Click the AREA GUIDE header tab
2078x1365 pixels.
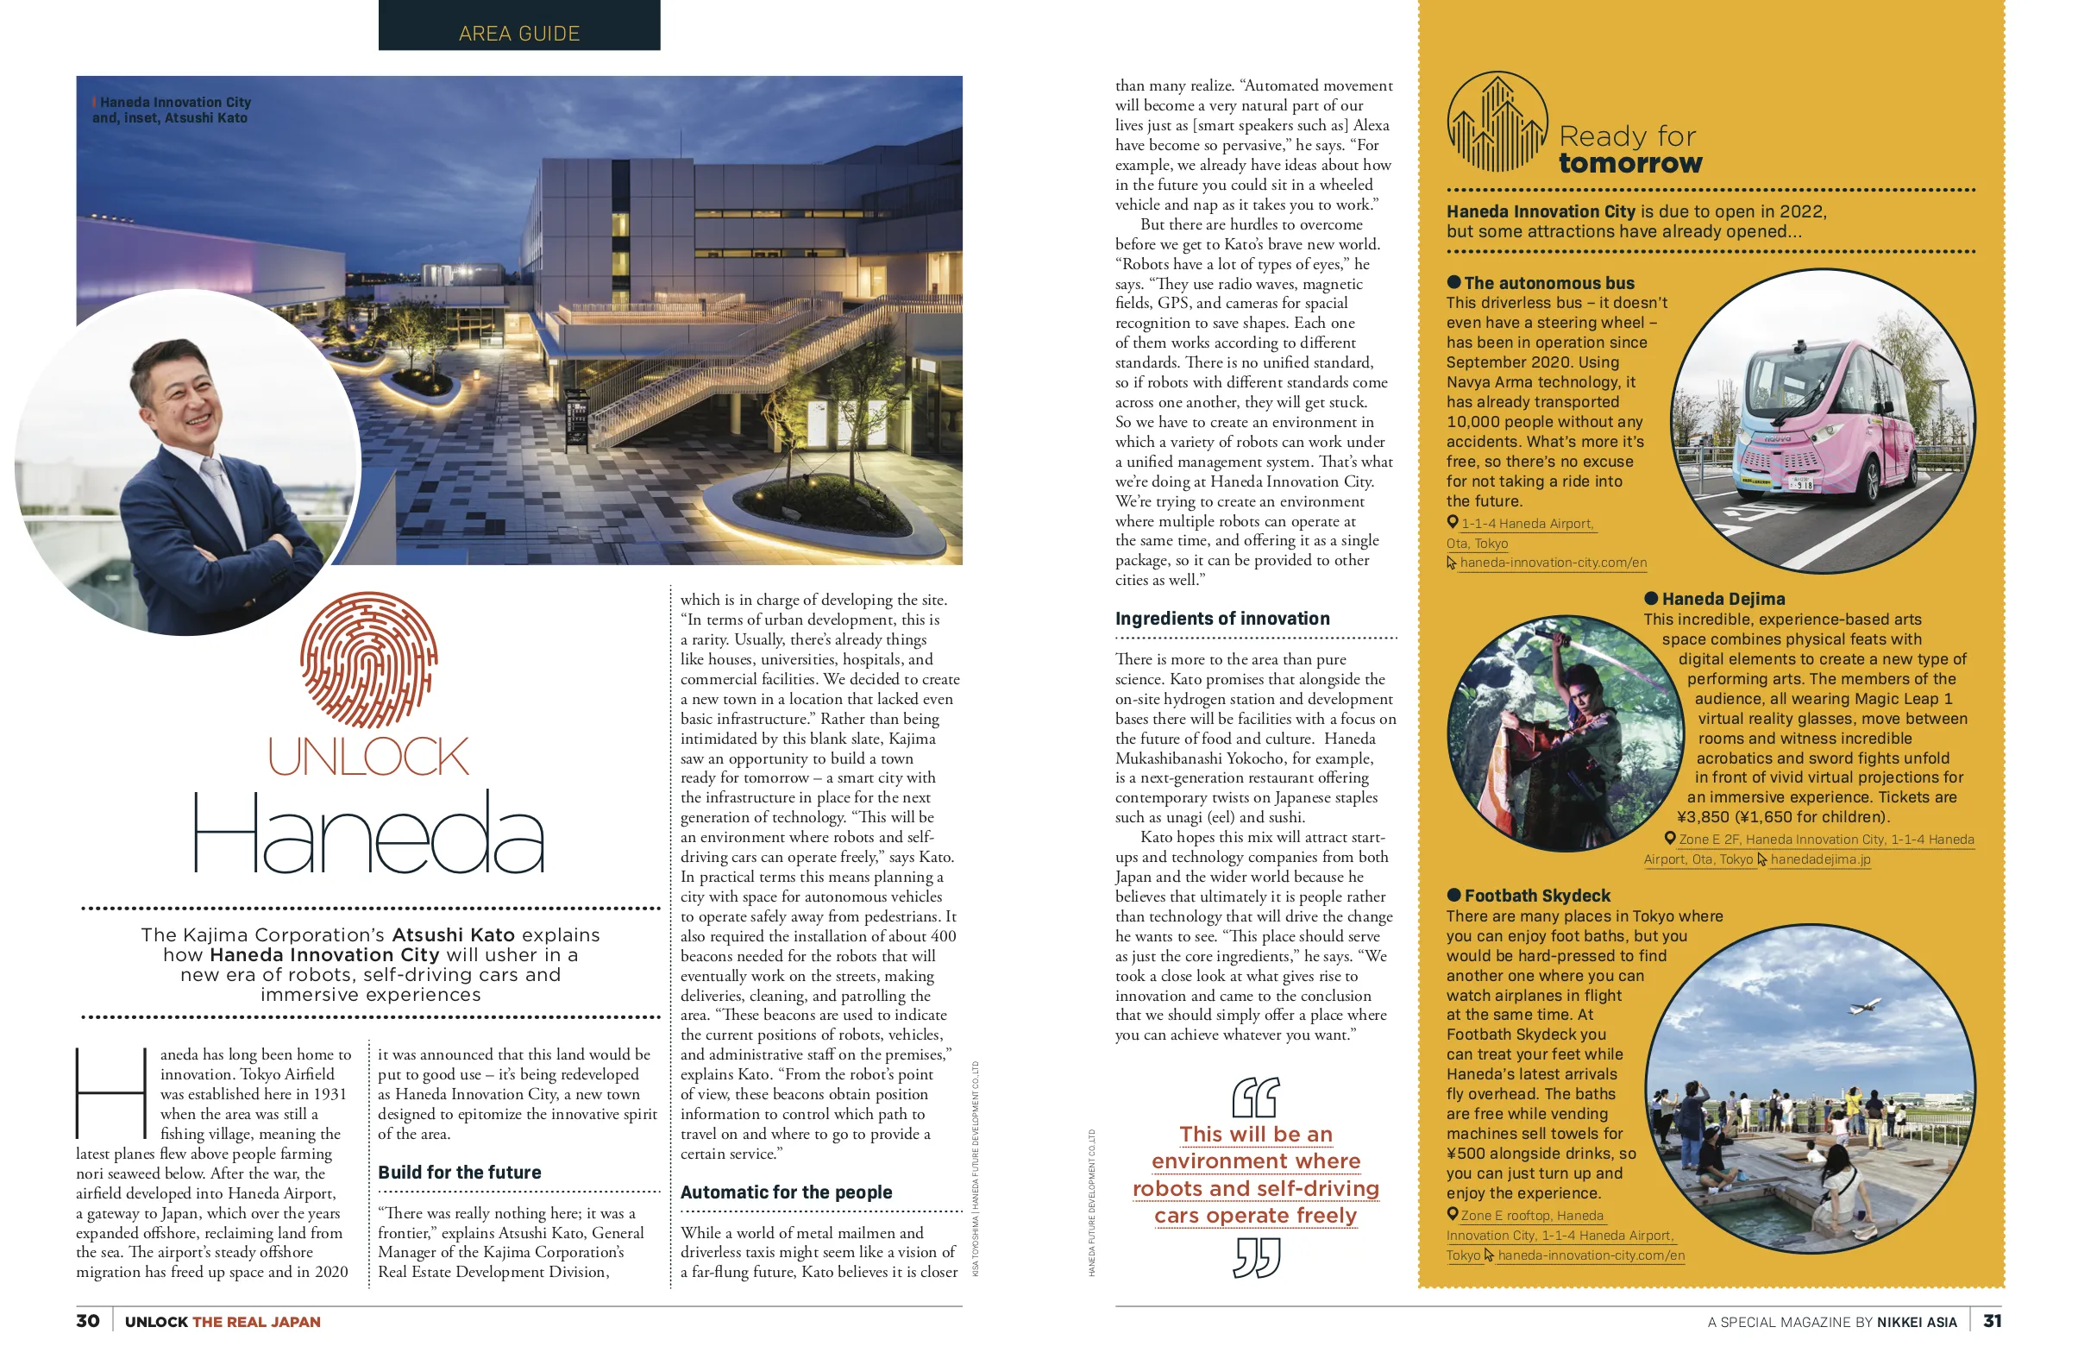pyautogui.click(x=518, y=32)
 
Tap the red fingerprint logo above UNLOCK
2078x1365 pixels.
pyautogui.click(x=368, y=660)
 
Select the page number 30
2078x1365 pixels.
pyautogui.click(x=87, y=1321)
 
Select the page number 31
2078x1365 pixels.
pyautogui.click(x=1992, y=1321)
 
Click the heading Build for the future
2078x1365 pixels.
pyautogui.click(x=459, y=1173)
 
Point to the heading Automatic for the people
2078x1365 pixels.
pyautogui.click(x=786, y=1193)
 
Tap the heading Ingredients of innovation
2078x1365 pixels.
pyautogui.click(x=1222, y=620)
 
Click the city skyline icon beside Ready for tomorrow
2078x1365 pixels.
pyautogui.click(x=1497, y=123)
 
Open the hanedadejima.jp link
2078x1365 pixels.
pyautogui.click(x=1819, y=860)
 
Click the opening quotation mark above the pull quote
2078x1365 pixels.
pyautogui.click(x=1256, y=1098)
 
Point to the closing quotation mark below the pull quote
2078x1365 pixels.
pyautogui.click(x=1257, y=1259)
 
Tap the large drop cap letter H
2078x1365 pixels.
pyautogui.click(x=111, y=1092)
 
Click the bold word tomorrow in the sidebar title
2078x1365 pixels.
pyautogui.click(x=1630, y=163)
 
